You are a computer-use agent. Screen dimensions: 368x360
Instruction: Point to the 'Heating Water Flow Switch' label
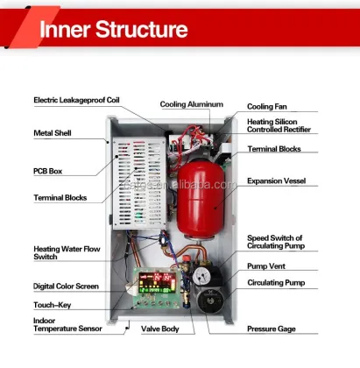(x=67, y=252)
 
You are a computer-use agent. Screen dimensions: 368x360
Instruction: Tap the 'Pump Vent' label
(x=271, y=264)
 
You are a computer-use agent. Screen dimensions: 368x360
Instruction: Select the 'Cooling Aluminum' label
(x=192, y=103)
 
